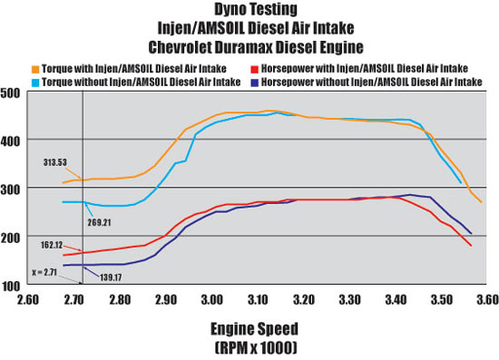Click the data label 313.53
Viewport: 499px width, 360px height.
point(55,162)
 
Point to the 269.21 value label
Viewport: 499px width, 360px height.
point(99,222)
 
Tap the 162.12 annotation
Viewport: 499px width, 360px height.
point(52,245)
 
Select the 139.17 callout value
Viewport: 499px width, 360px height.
point(111,277)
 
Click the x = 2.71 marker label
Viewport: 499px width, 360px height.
point(44,273)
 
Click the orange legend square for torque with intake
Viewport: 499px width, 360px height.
point(35,69)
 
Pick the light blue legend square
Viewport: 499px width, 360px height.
point(35,83)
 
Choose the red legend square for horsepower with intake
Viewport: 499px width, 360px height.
point(254,69)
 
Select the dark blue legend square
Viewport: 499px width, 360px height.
point(254,83)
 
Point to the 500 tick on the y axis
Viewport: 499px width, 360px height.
point(10,93)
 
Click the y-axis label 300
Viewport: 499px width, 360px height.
point(10,190)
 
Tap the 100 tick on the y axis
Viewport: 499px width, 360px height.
point(11,287)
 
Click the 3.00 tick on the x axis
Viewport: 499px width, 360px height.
point(211,299)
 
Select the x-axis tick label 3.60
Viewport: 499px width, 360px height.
point(487,299)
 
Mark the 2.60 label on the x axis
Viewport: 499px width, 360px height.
point(28,299)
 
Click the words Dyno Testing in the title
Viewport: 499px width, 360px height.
point(256,10)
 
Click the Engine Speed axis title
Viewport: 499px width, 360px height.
point(255,329)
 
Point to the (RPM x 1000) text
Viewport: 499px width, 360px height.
point(256,347)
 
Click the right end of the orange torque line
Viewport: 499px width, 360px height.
point(481,202)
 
